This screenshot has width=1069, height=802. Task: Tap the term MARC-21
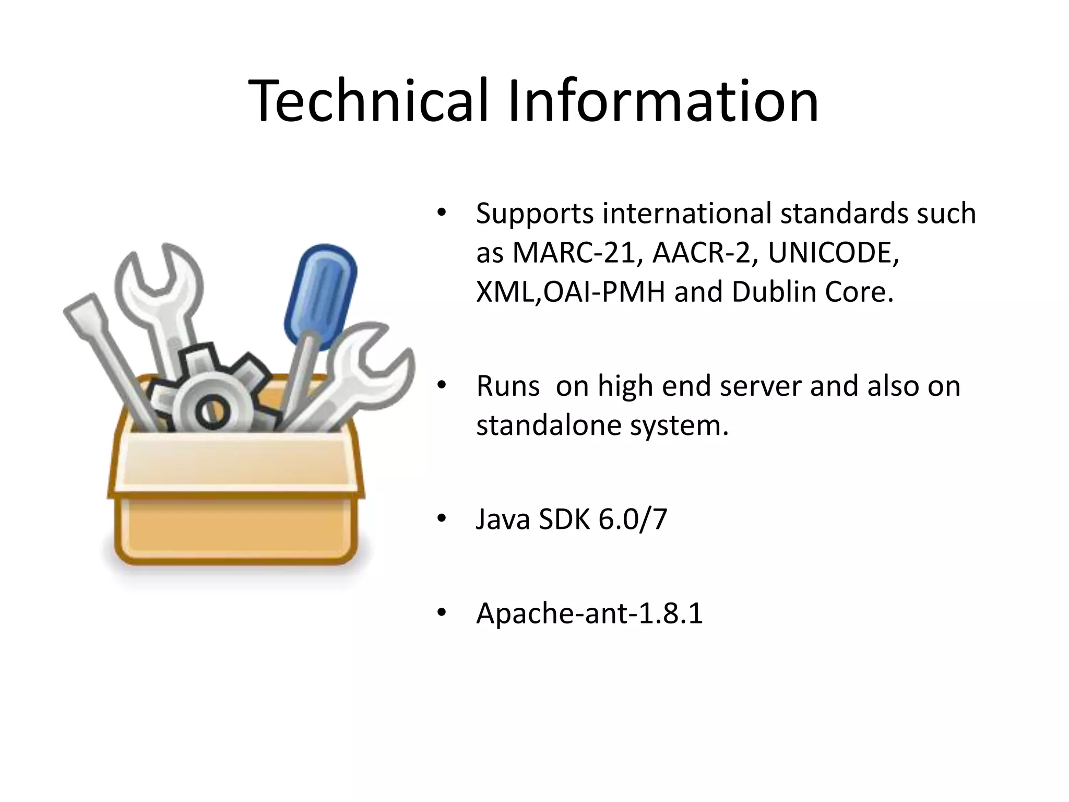[x=573, y=253]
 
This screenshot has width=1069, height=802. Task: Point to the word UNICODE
[x=833, y=253]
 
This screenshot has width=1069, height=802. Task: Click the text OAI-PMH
[x=604, y=292]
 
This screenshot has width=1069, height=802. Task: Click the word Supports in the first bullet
[x=534, y=214]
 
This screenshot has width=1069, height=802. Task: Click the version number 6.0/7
[x=633, y=520]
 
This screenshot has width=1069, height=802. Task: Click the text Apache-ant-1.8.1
[x=589, y=613]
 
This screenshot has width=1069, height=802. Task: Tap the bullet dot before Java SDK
[x=442, y=519]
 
